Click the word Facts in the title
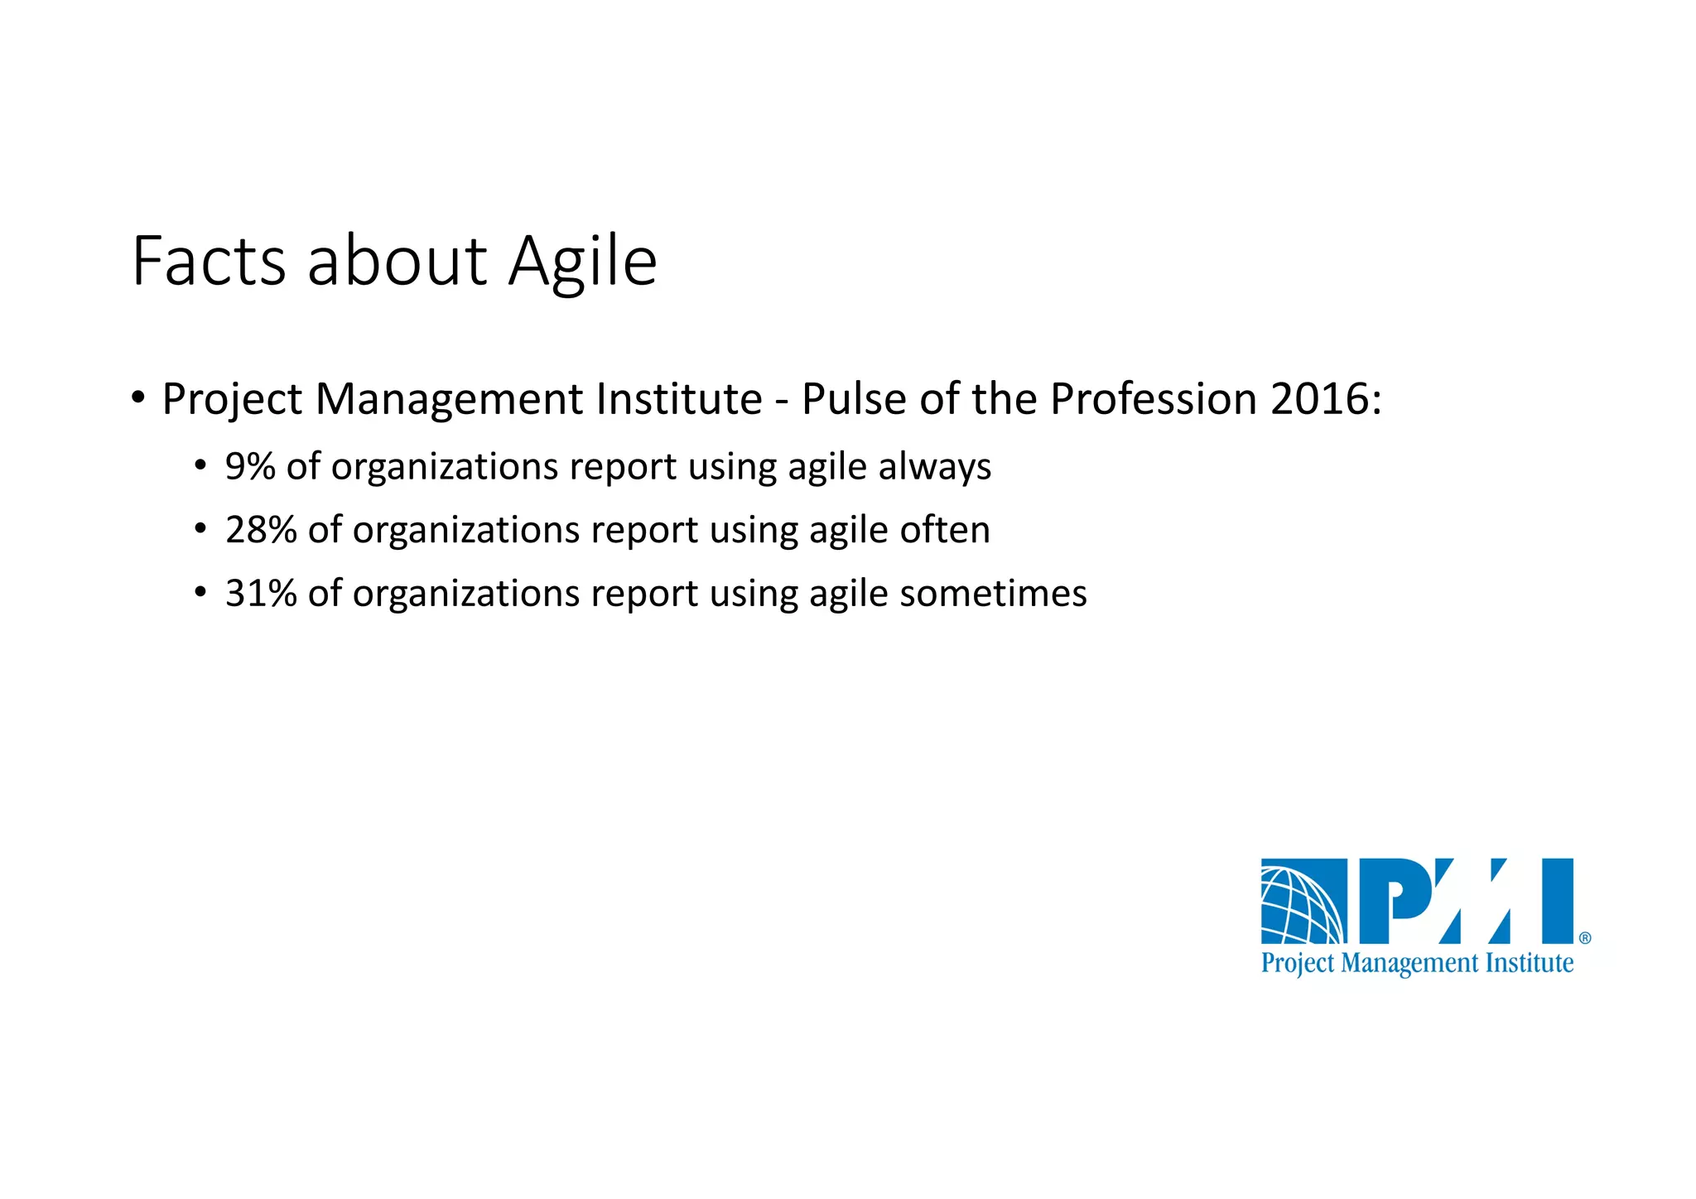(209, 262)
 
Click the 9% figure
(250, 467)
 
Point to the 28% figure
(261, 531)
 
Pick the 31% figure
(261, 595)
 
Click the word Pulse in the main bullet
(854, 400)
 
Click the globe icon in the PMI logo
(1303, 903)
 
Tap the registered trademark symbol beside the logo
(1584, 938)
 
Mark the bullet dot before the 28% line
(200, 529)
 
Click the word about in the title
(397, 262)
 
